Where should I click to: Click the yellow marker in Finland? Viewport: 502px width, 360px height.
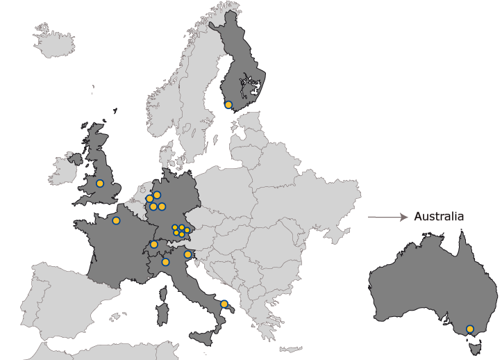(228, 105)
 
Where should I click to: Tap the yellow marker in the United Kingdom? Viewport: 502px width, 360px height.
(100, 183)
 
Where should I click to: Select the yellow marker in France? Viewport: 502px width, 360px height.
(116, 220)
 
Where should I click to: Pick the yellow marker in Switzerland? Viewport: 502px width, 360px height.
(153, 244)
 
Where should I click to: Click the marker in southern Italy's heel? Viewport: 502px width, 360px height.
(224, 304)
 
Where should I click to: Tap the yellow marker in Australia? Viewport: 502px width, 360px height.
(470, 329)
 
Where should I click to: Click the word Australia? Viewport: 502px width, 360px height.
(438, 217)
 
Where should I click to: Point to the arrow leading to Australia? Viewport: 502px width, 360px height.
(386, 218)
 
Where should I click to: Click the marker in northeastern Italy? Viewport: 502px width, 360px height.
(187, 255)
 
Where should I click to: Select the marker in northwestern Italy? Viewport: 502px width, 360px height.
(165, 262)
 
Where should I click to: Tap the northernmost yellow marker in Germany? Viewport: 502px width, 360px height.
(157, 195)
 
